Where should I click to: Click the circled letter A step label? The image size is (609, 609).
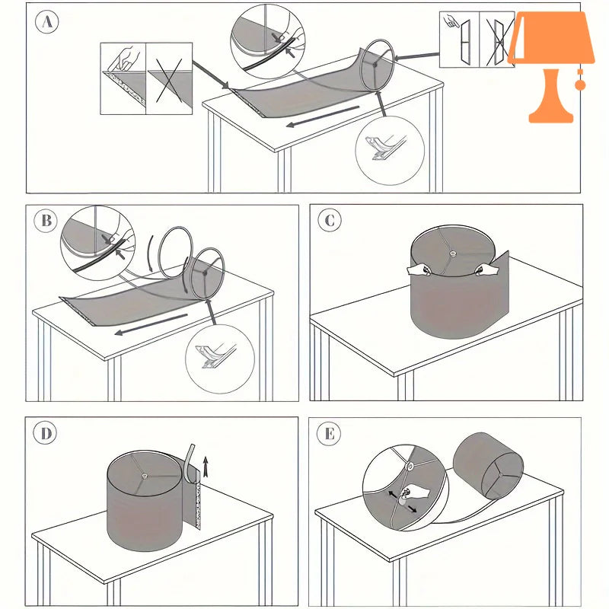pos(47,22)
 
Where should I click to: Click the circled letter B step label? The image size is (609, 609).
pos(46,221)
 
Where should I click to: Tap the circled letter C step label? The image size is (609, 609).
pos(330,220)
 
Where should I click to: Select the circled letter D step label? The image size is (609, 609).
pos(46,433)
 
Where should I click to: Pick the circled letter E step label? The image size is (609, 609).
pos(329,433)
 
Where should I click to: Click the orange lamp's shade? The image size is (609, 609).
pos(551,37)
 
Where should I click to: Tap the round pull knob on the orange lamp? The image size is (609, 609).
pos(580,84)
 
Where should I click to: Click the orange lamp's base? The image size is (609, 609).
pos(551,97)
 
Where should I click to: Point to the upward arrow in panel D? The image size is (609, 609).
pos(206,467)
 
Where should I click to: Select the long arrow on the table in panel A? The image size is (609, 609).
pos(323,116)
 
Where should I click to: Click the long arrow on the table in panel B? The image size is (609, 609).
pos(151,324)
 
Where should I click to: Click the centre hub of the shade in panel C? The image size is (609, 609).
pos(452,253)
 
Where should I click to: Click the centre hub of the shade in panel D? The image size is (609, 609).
pos(145,476)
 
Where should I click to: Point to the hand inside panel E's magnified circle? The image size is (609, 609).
pos(414,493)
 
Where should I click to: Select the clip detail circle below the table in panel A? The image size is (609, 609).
pos(390,151)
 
